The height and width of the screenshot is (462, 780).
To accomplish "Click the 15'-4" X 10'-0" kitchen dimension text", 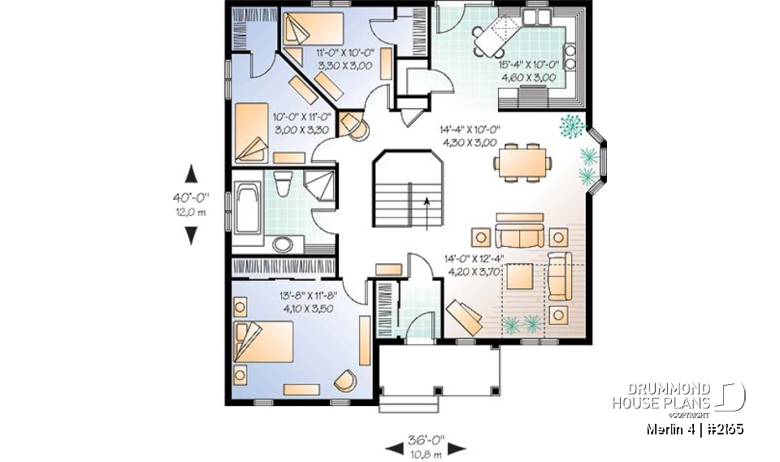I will [x=528, y=71].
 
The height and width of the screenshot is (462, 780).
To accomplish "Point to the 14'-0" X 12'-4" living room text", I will [x=474, y=266].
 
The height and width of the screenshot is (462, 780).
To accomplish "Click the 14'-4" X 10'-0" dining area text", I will [x=470, y=135].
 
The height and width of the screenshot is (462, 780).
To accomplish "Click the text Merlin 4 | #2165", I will [x=695, y=429].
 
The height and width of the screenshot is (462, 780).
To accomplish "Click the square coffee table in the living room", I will [x=521, y=278].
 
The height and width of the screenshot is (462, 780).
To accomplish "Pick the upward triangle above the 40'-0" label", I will [x=191, y=173].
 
